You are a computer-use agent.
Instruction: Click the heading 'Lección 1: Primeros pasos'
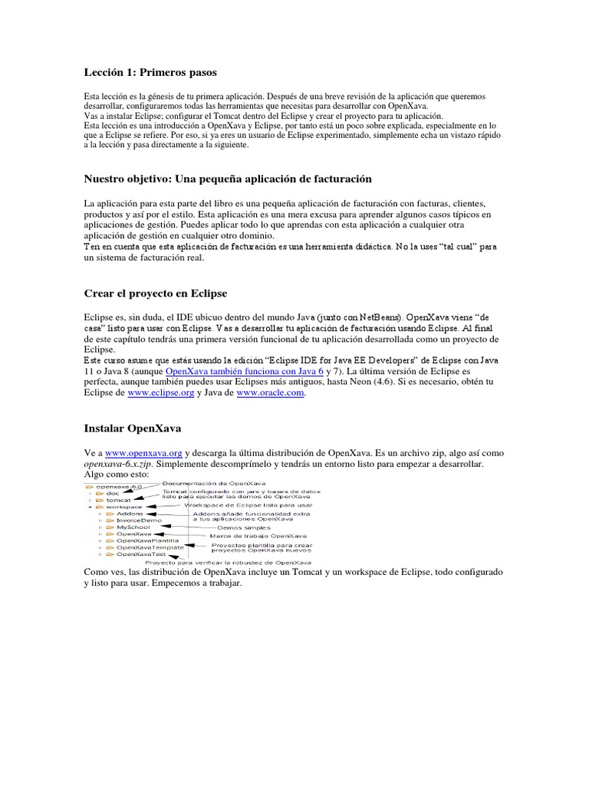150,73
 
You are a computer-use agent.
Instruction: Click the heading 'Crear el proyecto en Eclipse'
156,294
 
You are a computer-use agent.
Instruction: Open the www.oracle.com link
271,392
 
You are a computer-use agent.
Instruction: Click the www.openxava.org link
143,453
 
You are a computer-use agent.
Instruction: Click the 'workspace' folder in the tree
123,507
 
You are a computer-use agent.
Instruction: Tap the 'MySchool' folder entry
134,527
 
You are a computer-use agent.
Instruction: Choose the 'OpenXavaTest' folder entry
140,554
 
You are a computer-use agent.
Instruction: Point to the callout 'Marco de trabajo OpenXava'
258,535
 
